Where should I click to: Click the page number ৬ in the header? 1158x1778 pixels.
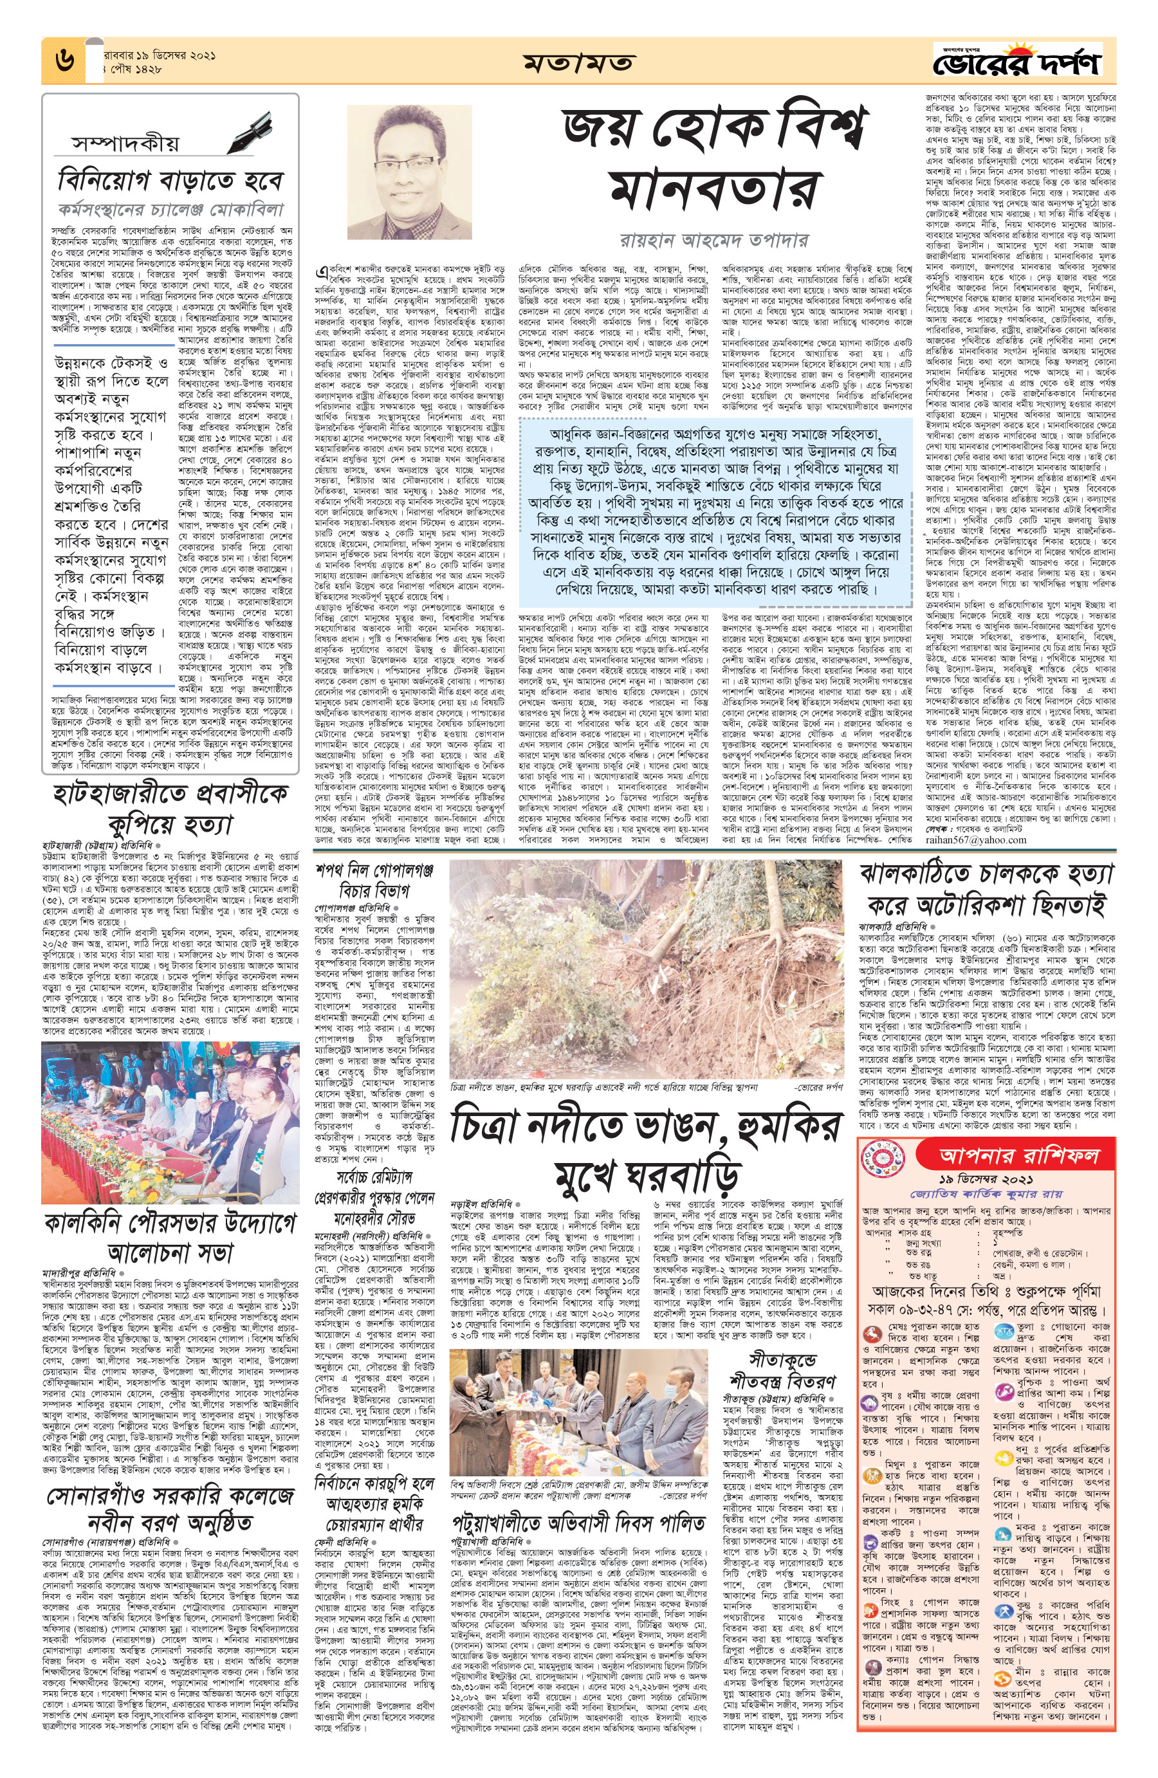(64, 60)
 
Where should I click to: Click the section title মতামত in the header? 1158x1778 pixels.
(578, 61)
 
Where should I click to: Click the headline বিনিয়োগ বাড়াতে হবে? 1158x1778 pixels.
(170, 181)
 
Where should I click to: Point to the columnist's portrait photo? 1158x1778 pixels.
(409, 172)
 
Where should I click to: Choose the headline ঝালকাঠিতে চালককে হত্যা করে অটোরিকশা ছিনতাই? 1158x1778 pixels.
(986, 889)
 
